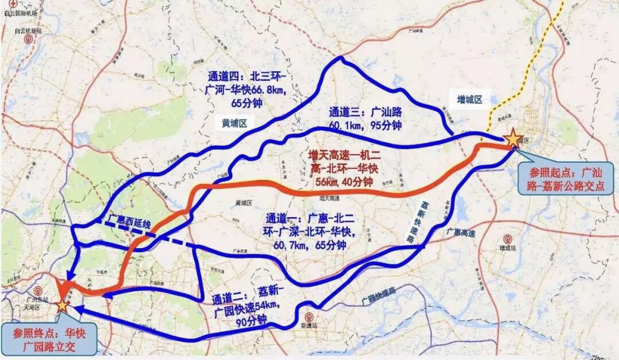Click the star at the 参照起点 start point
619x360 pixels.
click(512, 138)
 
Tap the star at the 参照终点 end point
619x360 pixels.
click(62, 304)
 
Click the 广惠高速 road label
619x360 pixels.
click(460, 232)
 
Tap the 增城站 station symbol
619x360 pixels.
click(506, 239)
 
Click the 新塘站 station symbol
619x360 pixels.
click(309, 316)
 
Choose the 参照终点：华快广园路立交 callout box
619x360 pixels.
click(48, 339)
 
